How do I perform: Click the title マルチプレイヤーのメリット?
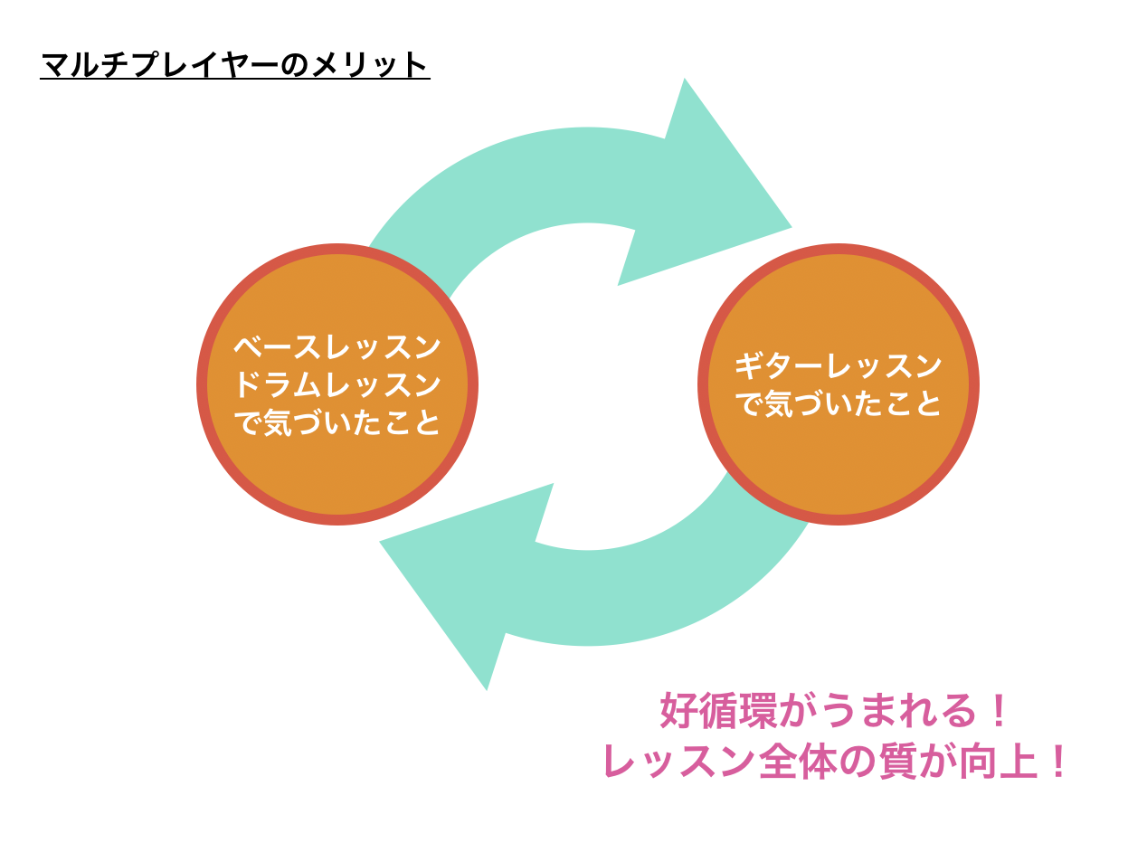pos(234,66)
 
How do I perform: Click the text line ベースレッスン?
pos(337,346)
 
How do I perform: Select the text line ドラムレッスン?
pos(337,385)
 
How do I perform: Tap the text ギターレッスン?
pos(838,366)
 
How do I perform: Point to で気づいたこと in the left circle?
pos(337,423)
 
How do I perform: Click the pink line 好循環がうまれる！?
pos(834,711)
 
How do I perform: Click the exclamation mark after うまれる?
pos(999,711)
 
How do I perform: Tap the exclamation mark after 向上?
pos(1055,762)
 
